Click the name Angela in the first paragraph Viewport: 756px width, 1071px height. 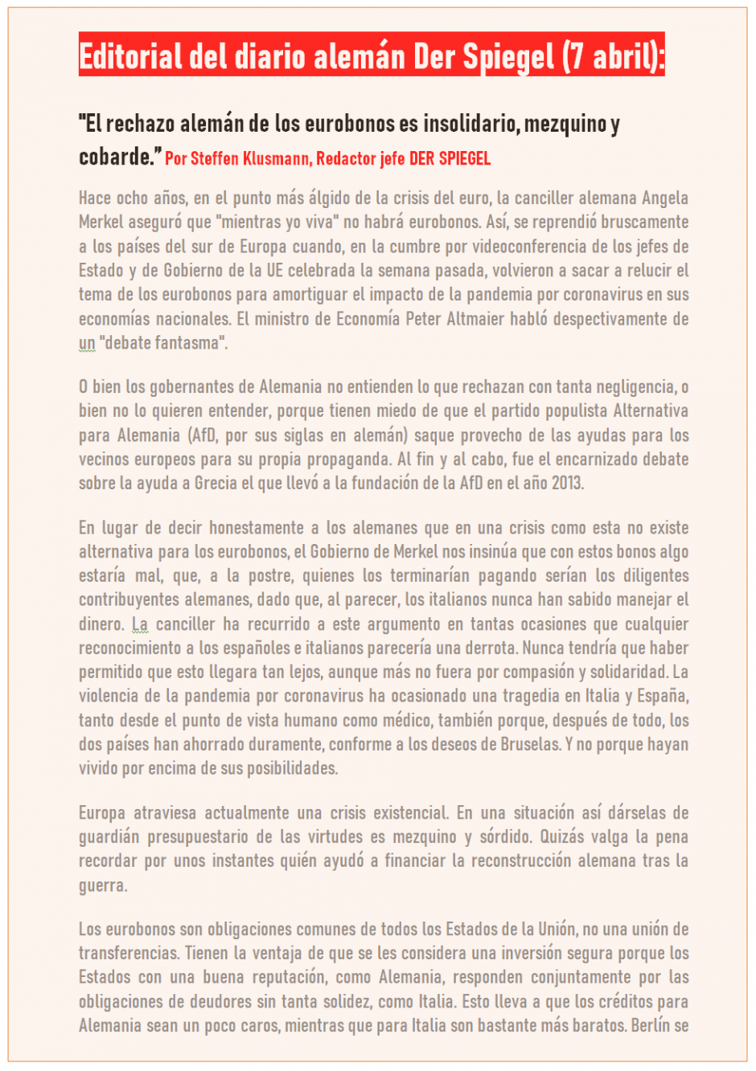tap(665, 198)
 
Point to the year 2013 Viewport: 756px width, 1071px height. tap(567, 484)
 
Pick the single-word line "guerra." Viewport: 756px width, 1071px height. tap(103, 885)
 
